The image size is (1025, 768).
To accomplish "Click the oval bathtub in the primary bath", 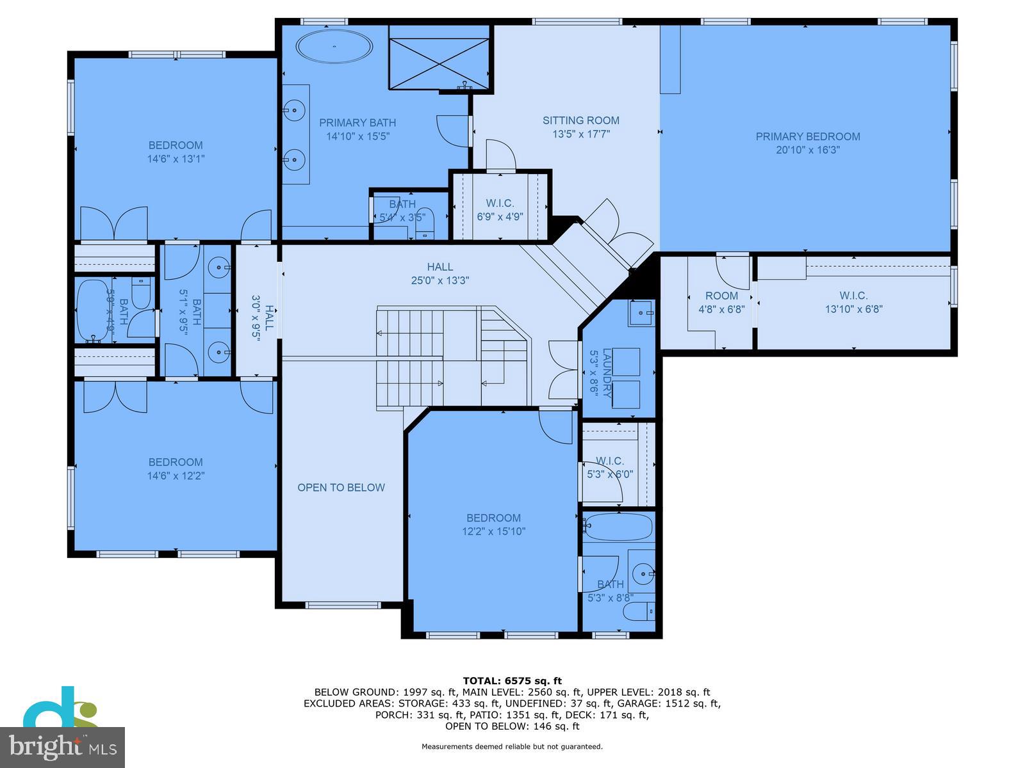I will [x=334, y=46].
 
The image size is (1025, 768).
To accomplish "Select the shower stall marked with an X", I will [x=439, y=63].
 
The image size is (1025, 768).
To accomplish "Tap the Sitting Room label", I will [x=580, y=120].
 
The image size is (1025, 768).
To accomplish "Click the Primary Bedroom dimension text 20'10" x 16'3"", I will [x=807, y=150].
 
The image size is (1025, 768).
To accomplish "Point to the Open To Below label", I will [x=341, y=488].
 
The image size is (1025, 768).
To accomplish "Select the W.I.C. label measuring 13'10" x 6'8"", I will [x=853, y=296].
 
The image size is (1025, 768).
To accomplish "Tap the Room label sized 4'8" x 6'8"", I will [x=721, y=296].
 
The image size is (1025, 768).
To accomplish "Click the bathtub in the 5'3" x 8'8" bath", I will [x=618, y=527].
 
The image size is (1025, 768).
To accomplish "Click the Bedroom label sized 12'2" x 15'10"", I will [x=493, y=518].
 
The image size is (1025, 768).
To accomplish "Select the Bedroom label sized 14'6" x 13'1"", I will [x=176, y=145].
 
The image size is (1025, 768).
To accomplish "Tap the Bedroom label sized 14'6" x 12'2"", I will [x=176, y=462].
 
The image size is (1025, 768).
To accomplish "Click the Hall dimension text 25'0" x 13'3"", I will [x=440, y=280].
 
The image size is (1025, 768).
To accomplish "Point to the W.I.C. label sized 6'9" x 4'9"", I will [x=500, y=204].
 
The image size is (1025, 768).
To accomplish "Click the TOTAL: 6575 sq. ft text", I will [x=512, y=680].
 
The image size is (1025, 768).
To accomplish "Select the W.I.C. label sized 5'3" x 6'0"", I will [x=609, y=461].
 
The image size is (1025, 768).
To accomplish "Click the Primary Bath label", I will [x=357, y=123].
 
